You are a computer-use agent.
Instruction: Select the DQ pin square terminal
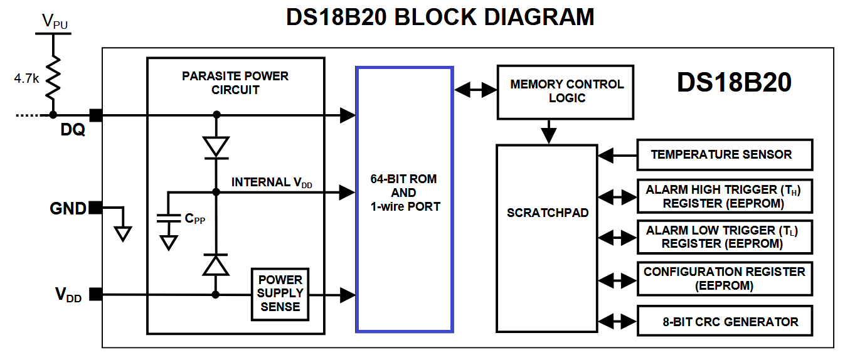(95, 115)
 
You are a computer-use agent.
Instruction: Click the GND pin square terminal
(95, 208)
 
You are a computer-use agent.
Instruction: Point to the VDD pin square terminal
(95, 294)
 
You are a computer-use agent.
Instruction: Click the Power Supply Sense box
(280, 293)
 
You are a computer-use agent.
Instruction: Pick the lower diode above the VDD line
(216, 265)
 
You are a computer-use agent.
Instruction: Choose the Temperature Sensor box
(725, 155)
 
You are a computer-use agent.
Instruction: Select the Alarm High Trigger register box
(725, 197)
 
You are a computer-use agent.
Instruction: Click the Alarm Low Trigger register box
(725, 237)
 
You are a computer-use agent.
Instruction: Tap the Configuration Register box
(725, 278)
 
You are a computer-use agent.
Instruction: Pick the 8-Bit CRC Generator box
(725, 322)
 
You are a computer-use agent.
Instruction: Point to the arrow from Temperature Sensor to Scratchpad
(617, 155)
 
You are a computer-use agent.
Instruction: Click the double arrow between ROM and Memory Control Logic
(475, 90)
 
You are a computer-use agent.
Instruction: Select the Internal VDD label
(272, 183)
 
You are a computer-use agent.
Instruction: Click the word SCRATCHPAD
(548, 213)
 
